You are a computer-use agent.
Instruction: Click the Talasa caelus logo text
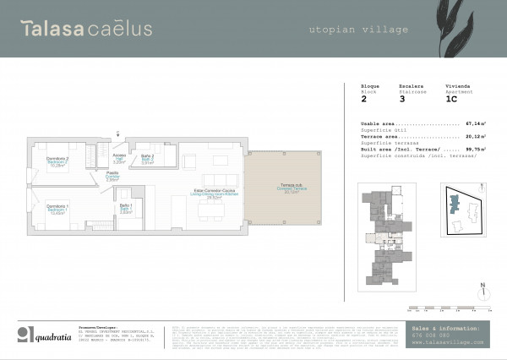point(87,30)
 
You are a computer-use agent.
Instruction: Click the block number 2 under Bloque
point(363,99)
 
